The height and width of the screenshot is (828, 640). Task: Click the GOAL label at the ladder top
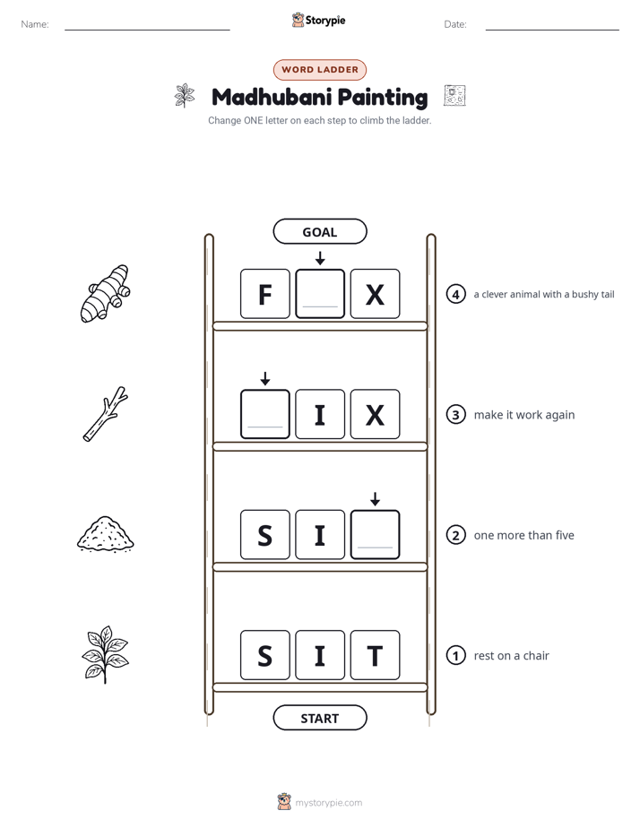coord(319,232)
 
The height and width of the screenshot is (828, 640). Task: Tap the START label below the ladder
coord(319,718)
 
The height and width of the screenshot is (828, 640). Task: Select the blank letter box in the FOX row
coord(320,294)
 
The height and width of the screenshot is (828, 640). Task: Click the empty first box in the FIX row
coord(265,415)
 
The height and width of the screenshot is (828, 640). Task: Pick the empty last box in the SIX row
coord(375,535)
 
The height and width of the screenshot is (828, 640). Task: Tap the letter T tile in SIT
coord(375,655)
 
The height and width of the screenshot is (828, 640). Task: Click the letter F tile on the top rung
coord(265,294)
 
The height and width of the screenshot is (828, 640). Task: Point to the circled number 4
coord(455,294)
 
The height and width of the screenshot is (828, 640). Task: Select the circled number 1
coord(455,655)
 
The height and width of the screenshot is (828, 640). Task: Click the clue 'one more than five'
coord(523,536)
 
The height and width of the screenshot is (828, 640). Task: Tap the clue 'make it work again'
coord(524,415)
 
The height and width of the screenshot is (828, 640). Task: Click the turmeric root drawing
coord(105,293)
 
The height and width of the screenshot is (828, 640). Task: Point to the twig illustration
coord(106,414)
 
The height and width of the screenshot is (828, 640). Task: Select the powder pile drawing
coord(106,534)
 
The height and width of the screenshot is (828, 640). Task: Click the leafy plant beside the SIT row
coord(105,655)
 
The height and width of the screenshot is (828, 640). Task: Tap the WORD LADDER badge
coord(319,70)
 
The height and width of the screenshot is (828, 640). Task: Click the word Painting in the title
coord(383,98)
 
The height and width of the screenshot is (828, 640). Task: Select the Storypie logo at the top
coord(318,20)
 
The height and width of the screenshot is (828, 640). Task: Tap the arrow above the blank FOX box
coord(320,258)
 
